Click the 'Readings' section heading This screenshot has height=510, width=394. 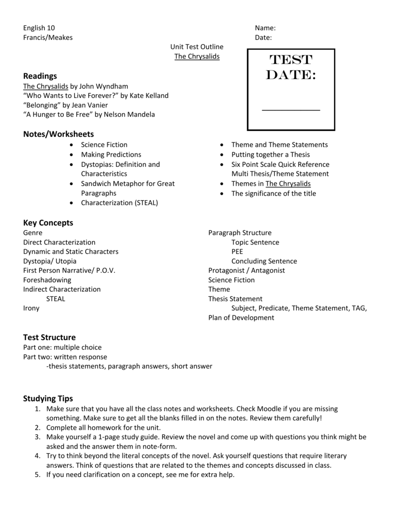point(40,76)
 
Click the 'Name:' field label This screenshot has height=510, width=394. point(265,28)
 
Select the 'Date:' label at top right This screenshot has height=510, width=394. point(263,38)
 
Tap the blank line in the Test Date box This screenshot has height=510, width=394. point(291,110)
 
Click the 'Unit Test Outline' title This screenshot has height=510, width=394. point(197,47)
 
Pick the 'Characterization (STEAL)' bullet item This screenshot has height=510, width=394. point(120,203)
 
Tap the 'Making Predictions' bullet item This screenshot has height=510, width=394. point(111,154)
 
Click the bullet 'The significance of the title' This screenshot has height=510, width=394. point(273,193)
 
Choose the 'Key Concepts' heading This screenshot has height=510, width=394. point(48,223)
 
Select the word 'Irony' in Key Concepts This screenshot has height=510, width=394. point(31,308)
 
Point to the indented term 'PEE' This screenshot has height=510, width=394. point(237,252)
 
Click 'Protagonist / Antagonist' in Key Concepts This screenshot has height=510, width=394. point(247,270)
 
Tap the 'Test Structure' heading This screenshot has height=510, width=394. point(49,337)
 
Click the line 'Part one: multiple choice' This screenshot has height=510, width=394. point(62,347)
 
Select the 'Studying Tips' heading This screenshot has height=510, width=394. point(48,398)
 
